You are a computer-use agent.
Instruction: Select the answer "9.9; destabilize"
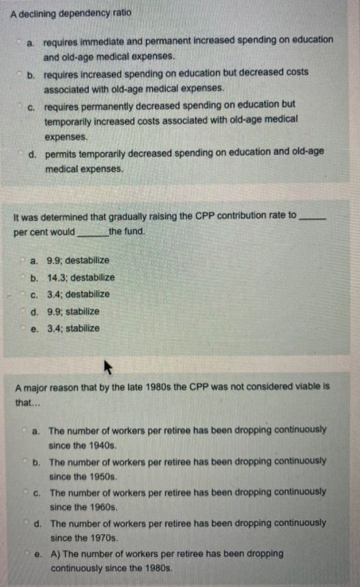(x=77, y=260)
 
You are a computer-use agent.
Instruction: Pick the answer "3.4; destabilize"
(x=77, y=295)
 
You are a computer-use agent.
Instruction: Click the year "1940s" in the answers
(x=101, y=445)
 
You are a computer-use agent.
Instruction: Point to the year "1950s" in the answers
(x=101, y=476)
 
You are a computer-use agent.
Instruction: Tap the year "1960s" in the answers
(x=101, y=507)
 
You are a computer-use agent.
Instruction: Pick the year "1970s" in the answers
(x=101, y=538)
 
